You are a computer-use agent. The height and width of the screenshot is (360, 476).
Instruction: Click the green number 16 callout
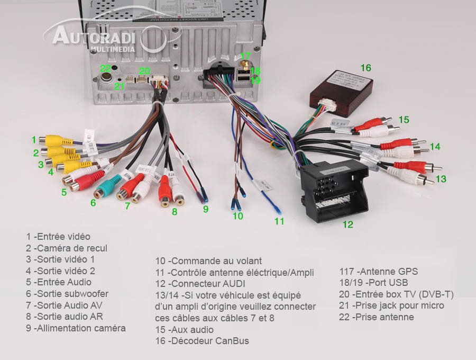coord(365,68)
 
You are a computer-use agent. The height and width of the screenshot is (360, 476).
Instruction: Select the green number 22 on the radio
coord(106,68)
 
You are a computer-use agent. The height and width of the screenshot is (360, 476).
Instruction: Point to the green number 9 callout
coord(206,209)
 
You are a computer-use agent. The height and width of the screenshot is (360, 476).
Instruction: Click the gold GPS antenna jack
coord(245,69)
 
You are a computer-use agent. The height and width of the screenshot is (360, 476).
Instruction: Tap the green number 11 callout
coord(279,221)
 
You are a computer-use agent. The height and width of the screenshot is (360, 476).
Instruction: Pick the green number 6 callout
coord(93,203)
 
